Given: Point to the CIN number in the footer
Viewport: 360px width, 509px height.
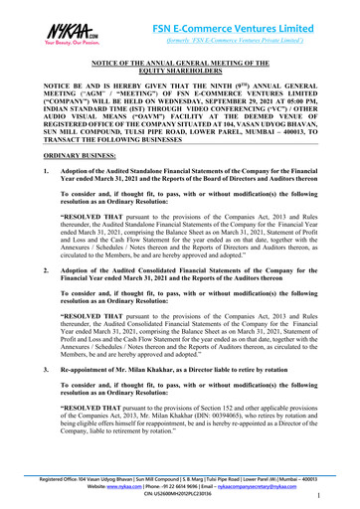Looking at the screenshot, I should tap(179, 496).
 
